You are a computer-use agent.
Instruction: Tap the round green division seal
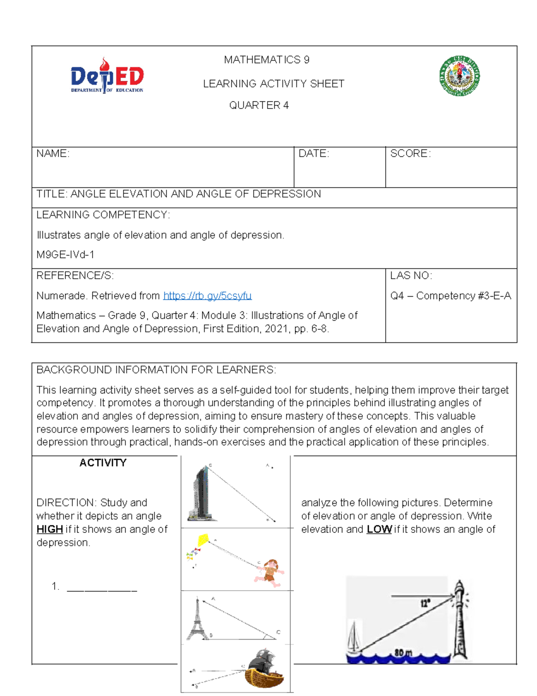[x=460, y=76]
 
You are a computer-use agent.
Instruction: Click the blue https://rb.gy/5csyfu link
[x=207, y=296]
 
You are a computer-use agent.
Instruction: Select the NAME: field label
[x=53, y=154]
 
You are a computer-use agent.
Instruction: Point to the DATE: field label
[x=314, y=154]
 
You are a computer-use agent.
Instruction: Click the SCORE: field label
[x=410, y=154]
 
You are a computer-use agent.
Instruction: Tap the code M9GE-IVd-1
[x=65, y=255]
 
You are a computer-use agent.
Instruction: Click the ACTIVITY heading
[x=103, y=463]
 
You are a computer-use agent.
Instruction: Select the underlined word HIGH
[x=50, y=529]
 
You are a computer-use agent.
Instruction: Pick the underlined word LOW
[x=379, y=529]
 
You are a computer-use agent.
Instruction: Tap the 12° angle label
[x=425, y=603]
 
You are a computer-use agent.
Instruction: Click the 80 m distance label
[x=403, y=653]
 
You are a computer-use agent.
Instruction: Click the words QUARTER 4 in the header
[x=259, y=105]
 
